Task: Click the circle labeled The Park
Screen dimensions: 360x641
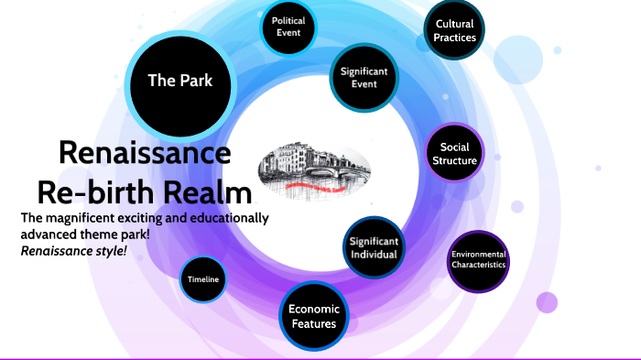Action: [x=180, y=81]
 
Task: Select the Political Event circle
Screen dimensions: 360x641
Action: [x=288, y=26]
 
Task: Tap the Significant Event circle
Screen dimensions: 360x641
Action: [x=364, y=77]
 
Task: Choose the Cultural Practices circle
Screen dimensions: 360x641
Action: [x=455, y=30]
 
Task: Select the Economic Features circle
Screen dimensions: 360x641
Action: [x=313, y=316]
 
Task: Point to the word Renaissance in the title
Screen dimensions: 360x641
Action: [x=145, y=153]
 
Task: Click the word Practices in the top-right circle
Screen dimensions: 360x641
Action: [x=455, y=38]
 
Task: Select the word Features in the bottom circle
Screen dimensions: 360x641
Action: [x=313, y=323]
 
